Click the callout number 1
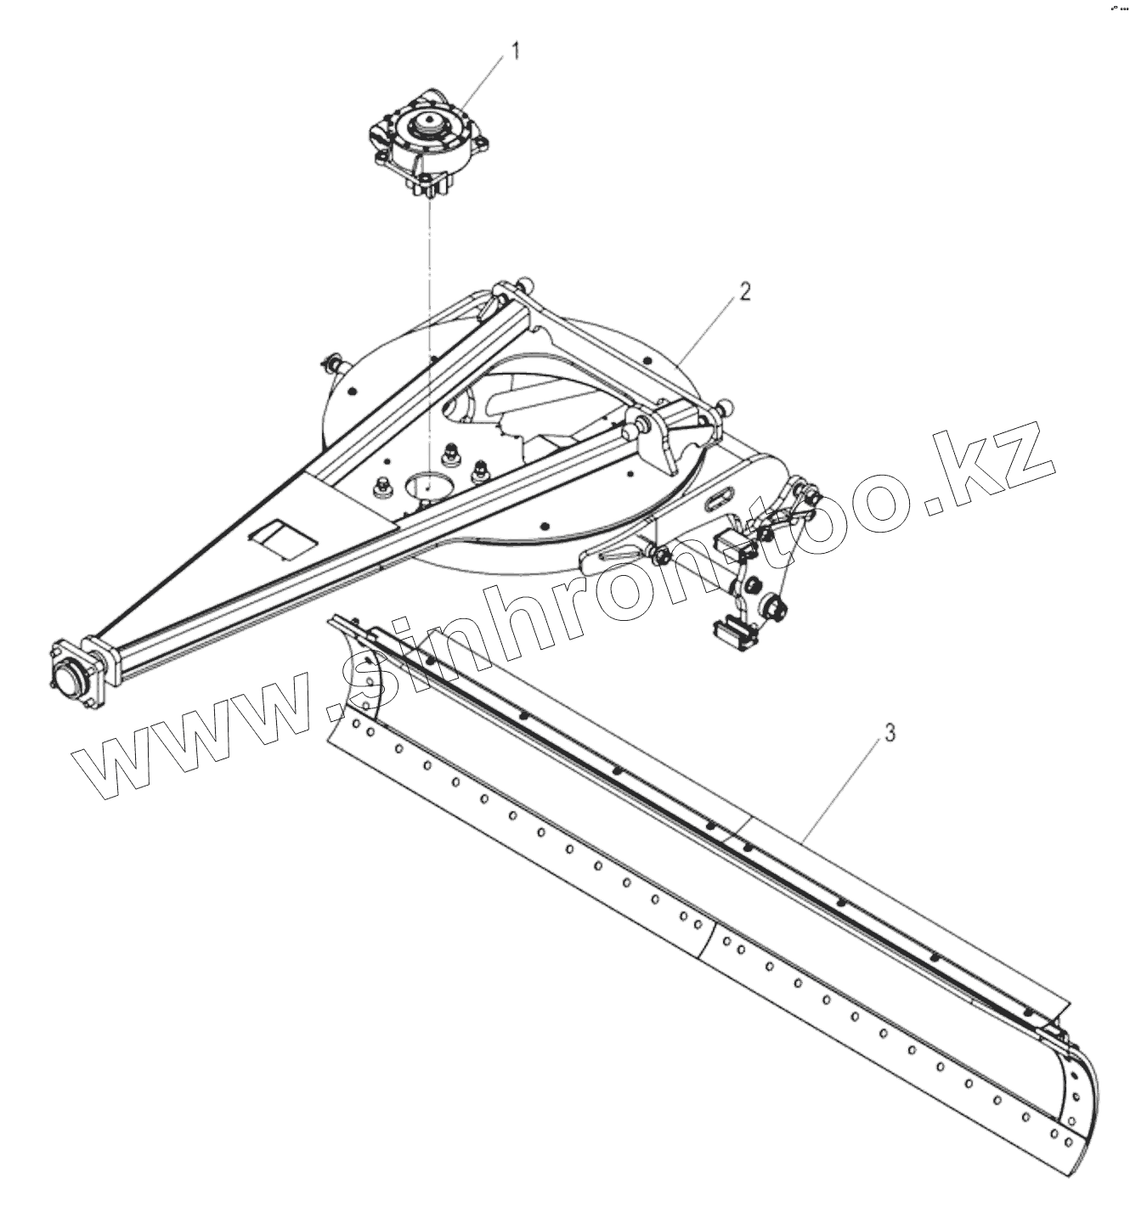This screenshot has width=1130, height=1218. (x=514, y=52)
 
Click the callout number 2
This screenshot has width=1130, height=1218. (x=744, y=292)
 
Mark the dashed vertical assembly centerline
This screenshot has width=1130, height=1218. (x=432, y=340)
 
